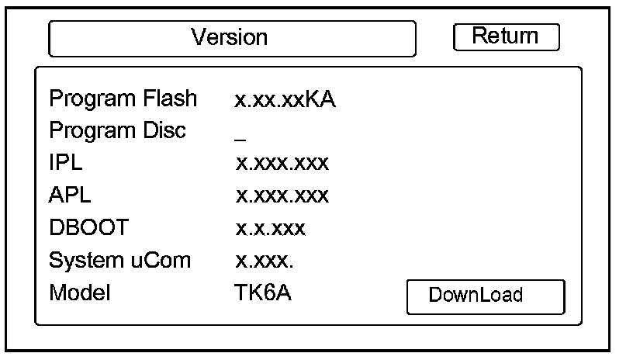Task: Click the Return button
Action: click(x=506, y=36)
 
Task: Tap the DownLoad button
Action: click(x=486, y=296)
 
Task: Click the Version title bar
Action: click(x=232, y=37)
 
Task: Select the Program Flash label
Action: click(x=123, y=99)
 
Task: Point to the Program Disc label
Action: click(x=117, y=131)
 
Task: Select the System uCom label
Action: click(x=119, y=261)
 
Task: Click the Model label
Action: click(x=81, y=293)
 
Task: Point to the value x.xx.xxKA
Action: click(x=285, y=100)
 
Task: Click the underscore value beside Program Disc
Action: click(x=240, y=138)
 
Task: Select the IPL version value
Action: click(x=282, y=164)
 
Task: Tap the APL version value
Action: click(x=282, y=196)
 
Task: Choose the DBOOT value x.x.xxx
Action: click(x=271, y=228)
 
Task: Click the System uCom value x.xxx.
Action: click(x=265, y=261)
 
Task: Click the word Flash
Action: click(x=169, y=99)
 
